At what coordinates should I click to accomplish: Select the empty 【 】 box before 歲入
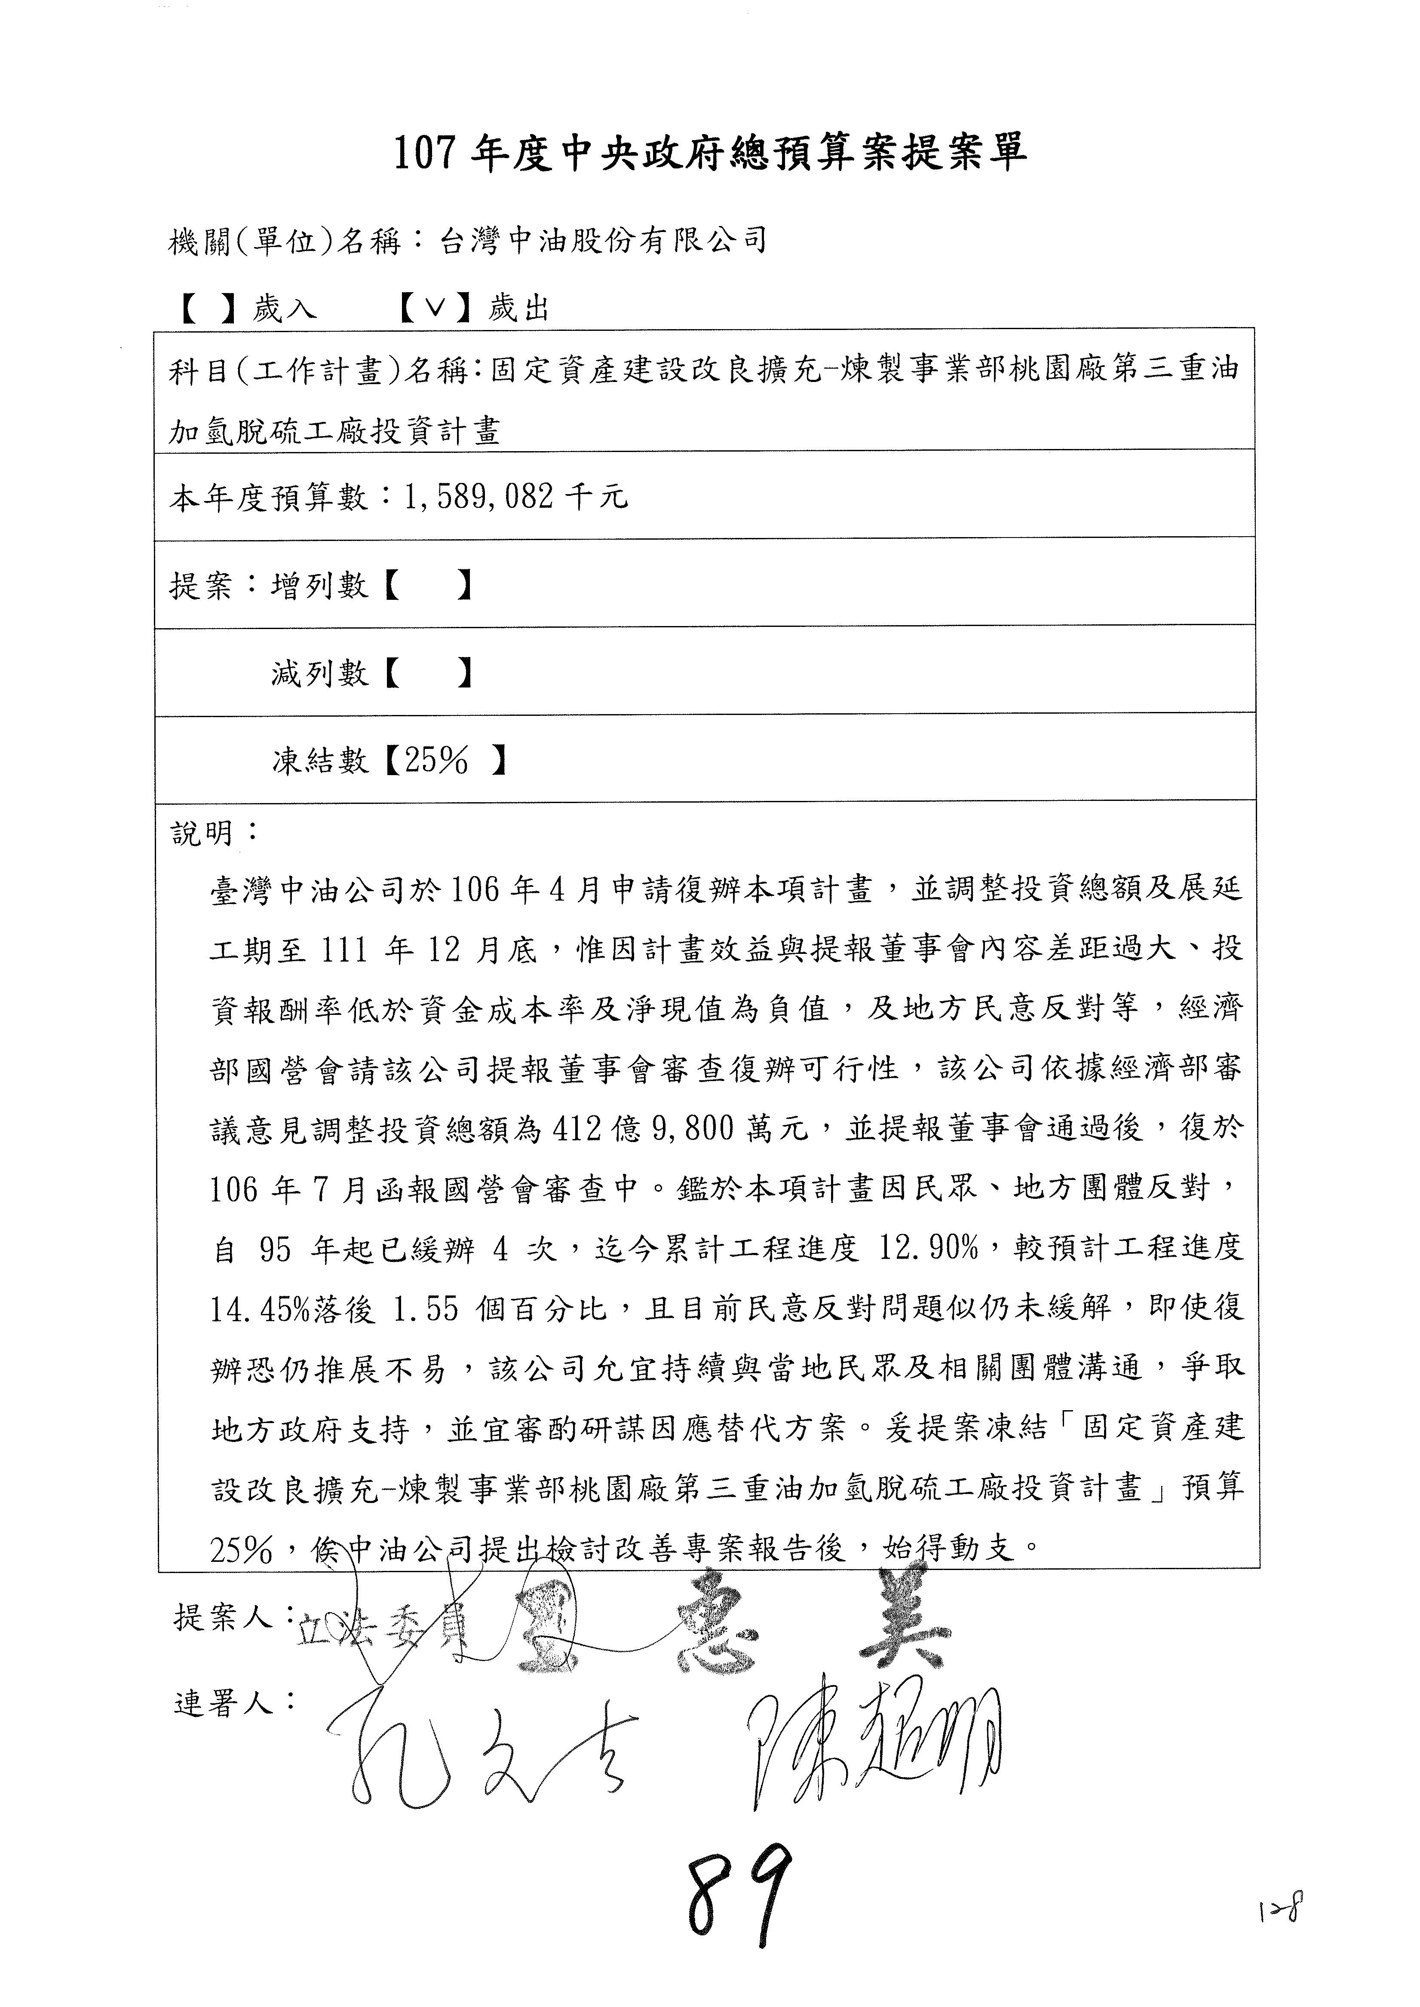pos(208,308)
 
